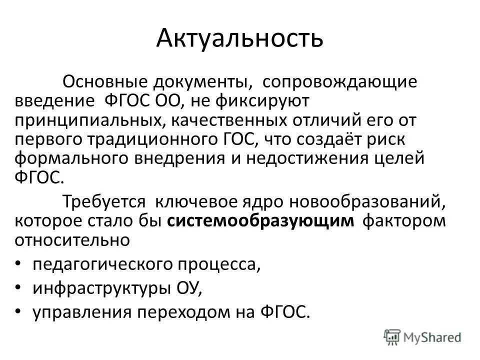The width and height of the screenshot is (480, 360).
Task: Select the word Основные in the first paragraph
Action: [x=100, y=82]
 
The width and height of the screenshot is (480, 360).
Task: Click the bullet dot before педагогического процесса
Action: [x=19, y=263]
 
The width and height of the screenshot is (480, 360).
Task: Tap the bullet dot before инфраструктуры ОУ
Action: [x=19, y=287]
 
